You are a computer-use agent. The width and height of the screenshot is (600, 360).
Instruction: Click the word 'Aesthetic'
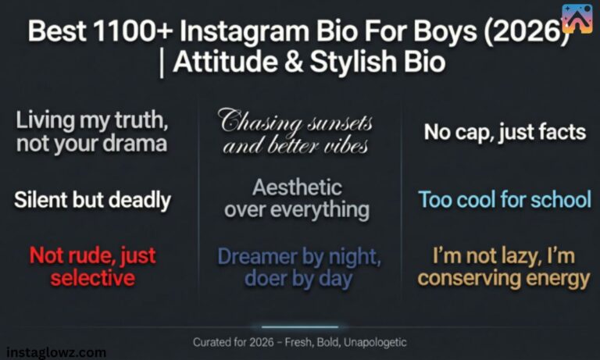point(297,187)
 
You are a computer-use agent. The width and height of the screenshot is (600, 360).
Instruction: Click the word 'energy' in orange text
point(554,278)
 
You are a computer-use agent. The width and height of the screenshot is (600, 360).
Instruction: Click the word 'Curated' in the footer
point(213,342)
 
